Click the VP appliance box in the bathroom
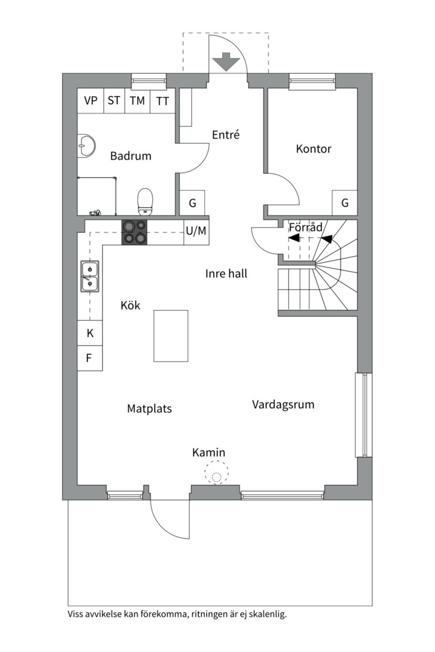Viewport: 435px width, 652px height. click(91, 100)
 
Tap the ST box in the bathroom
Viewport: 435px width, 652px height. click(114, 100)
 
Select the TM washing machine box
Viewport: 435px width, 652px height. click(137, 101)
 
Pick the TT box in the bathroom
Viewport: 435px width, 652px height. click(163, 101)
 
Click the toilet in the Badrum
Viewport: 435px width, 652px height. click(145, 202)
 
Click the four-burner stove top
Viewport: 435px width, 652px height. click(134, 232)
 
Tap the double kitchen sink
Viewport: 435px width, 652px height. click(90, 276)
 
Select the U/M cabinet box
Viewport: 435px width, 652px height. click(196, 231)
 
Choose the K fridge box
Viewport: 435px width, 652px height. click(90, 333)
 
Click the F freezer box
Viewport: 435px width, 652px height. click(90, 358)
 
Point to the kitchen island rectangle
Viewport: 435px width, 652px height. click(170, 336)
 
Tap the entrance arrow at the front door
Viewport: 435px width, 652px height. click(226, 62)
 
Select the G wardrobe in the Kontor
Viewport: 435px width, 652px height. click(344, 203)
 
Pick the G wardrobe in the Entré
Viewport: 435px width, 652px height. click(192, 203)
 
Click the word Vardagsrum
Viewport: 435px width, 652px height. click(283, 404)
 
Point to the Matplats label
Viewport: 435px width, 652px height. click(149, 409)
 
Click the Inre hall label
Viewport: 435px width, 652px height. click(226, 273)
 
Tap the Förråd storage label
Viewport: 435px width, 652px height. click(306, 227)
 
